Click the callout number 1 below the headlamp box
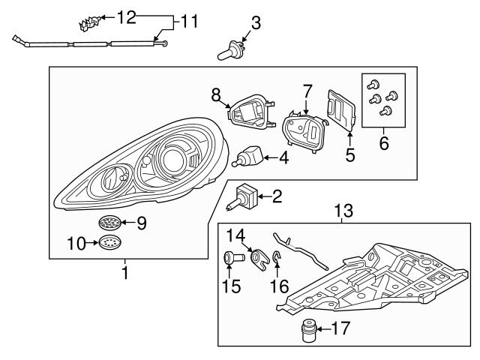(125, 274)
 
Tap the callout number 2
(276, 197)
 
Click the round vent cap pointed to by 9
(109, 222)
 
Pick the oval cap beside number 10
(109, 242)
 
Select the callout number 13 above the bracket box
(342, 213)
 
